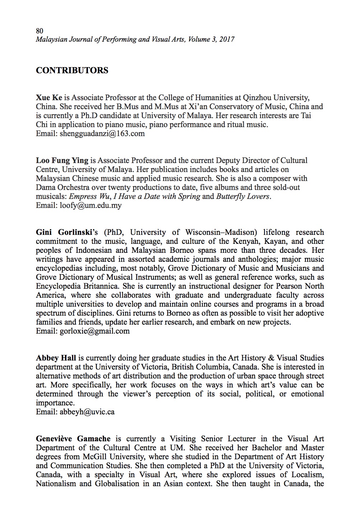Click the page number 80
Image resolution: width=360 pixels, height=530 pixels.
coord(39,31)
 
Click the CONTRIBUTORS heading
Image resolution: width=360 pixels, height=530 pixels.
coord(72,70)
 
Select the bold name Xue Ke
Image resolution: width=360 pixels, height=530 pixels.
coord(49,97)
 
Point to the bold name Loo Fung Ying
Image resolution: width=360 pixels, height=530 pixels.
coord(62,161)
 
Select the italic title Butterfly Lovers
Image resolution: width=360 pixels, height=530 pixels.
coord(242,196)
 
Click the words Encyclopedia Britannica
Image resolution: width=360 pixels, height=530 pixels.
coord(78,286)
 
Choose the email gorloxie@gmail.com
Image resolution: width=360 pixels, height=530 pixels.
coord(94,331)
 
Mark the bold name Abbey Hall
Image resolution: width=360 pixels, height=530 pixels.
coord(56,358)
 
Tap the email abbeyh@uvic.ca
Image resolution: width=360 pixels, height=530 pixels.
coord(86,412)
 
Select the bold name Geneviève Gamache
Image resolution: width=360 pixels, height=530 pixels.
coord(73,439)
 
